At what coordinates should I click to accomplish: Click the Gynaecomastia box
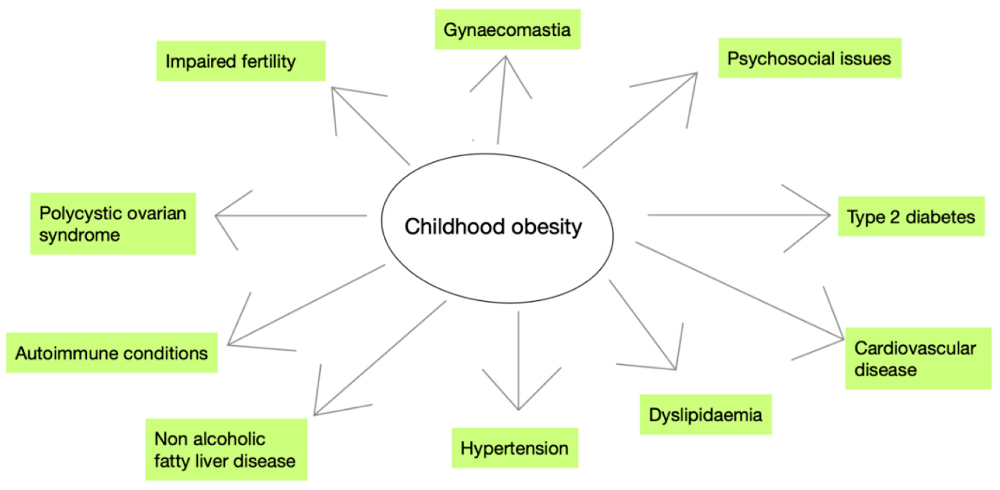(507, 30)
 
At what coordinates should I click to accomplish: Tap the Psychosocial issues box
(809, 58)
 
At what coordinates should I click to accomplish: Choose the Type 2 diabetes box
(911, 217)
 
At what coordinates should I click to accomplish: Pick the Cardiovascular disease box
(918, 359)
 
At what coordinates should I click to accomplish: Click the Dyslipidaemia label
(705, 415)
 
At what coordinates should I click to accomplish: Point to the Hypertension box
(514, 448)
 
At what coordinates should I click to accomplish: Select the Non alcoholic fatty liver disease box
(226, 450)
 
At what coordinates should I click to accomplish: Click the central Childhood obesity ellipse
(497, 228)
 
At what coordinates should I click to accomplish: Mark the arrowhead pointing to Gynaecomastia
(505, 58)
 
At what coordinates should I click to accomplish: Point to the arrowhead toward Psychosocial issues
(695, 75)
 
